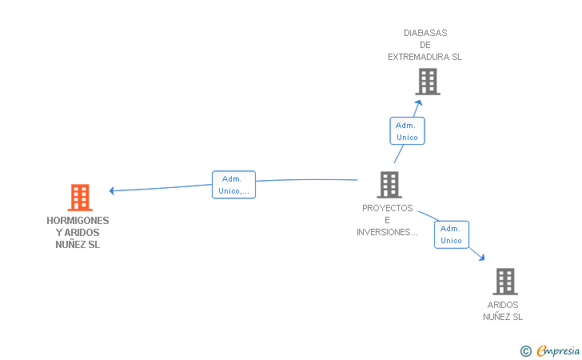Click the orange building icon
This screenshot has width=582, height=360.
(80, 198)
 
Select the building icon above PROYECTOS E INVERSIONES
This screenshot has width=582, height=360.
(389, 185)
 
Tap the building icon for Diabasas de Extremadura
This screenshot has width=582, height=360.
(428, 82)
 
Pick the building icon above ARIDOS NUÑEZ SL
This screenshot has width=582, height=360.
(505, 282)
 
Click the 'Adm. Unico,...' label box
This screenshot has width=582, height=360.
(233, 185)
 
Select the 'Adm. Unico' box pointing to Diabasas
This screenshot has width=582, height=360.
(407, 130)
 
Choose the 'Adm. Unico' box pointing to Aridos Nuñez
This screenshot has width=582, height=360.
(452, 234)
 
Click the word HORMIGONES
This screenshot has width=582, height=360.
(78, 221)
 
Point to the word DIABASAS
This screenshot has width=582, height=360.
(425, 33)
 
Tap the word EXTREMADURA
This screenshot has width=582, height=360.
(419, 57)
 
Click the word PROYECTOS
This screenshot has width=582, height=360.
(388, 208)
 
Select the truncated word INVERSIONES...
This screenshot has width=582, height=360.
(387, 232)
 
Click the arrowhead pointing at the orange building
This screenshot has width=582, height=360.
(112, 190)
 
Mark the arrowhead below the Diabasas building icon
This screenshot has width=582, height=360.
(418, 102)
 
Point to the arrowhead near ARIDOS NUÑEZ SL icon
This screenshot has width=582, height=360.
(481, 257)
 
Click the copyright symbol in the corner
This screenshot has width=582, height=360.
(526, 351)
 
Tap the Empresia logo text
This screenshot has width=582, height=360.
(558, 351)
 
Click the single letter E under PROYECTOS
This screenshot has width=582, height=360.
(387, 220)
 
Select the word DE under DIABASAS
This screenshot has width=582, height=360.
(425, 45)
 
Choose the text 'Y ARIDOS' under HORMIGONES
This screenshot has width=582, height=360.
(78, 233)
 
